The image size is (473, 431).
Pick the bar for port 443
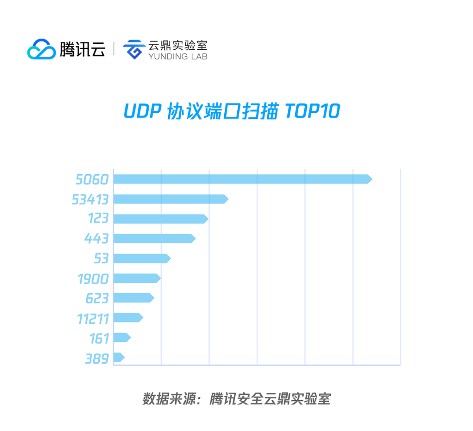[154, 238]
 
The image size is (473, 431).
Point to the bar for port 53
[142, 258]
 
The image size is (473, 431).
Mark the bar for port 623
[134, 298]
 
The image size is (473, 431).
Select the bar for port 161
[122, 338]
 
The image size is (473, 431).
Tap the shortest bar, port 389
[119, 357]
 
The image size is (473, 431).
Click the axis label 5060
[92, 179]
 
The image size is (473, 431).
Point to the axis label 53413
[90, 200]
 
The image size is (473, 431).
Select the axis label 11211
[93, 318]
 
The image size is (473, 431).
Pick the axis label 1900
[93, 279]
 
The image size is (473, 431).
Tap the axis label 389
[97, 358]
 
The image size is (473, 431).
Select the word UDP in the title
[142, 111]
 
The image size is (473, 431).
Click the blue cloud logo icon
[41, 49]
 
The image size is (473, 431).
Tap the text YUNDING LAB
[178, 56]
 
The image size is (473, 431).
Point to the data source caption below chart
[236, 399]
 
